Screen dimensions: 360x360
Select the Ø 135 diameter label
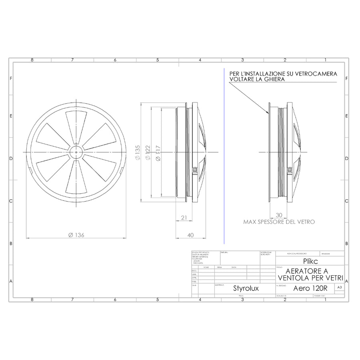138,153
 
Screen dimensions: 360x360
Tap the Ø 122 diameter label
148,153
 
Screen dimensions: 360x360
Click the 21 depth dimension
184,217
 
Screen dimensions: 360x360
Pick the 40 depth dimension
190,235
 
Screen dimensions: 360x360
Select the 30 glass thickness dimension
279,214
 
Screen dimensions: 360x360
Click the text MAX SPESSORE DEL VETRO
279,221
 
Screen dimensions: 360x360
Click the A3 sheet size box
339,287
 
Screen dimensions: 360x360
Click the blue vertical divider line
224,160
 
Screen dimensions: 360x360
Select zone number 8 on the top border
32,60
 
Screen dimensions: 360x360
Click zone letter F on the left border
11,78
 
